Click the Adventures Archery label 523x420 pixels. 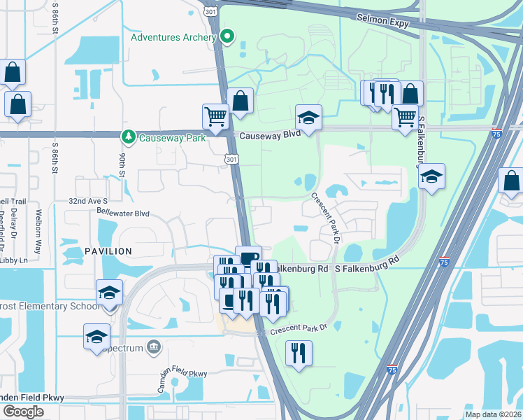(x=173, y=36)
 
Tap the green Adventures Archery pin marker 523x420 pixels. (x=227, y=36)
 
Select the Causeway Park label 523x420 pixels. (x=172, y=138)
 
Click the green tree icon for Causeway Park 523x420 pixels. (x=128, y=136)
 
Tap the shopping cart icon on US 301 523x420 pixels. (x=215, y=116)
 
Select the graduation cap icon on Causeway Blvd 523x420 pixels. (x=308, y=117)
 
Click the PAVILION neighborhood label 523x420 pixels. (x=108, y=251)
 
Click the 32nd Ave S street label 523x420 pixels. (x=87, y=200)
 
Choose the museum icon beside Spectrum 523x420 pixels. (x=155, y=346)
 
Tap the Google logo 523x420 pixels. (x=23, y=412)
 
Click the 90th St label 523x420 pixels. (x=122, y=167)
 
